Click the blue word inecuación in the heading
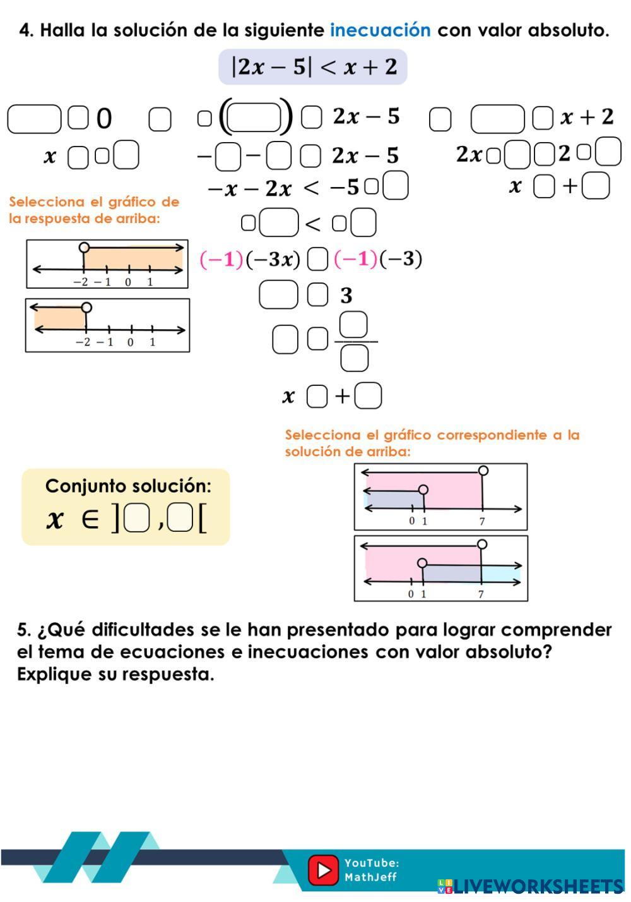(x=380, y=30)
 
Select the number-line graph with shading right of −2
(x=107, y=264)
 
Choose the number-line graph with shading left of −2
(x=107, y=325)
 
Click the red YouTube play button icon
(x=323, y=870)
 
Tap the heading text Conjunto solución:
(x=128, y=486)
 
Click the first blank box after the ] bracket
(x=136, y=519)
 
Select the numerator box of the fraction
(x=353, y=325)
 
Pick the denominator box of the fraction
(x=354, y=358)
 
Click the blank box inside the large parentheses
(x=254, y=117)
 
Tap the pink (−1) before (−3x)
(x=221, y=260)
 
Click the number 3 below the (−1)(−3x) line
(x=346, y=296)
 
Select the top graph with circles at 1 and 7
(x=440, y=496)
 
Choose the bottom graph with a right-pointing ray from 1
(x=440, y=568)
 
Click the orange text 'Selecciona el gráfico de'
(x=94, y=202)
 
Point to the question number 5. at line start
(x=24, y=630)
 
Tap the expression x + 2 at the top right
(x=587, y=117)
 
